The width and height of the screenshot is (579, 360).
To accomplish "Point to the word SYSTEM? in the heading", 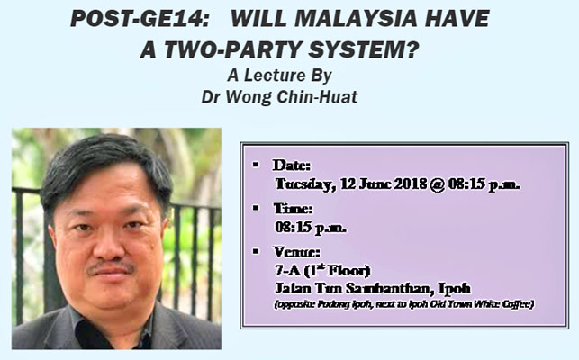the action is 364,49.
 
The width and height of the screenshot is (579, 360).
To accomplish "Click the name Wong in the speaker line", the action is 249,97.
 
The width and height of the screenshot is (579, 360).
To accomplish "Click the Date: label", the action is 292,166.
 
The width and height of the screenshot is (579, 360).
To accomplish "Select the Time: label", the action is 294,209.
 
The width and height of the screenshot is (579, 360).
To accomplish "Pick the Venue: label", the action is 296,252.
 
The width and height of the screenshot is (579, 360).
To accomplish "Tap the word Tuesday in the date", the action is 305,184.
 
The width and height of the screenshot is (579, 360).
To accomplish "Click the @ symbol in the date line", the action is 438,184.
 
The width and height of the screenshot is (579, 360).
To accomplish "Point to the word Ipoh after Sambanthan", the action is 455,288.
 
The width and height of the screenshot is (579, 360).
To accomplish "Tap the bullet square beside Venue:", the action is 256,251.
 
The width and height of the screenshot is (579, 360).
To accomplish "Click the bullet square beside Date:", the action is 256,165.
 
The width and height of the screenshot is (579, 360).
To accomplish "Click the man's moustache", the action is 111,266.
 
